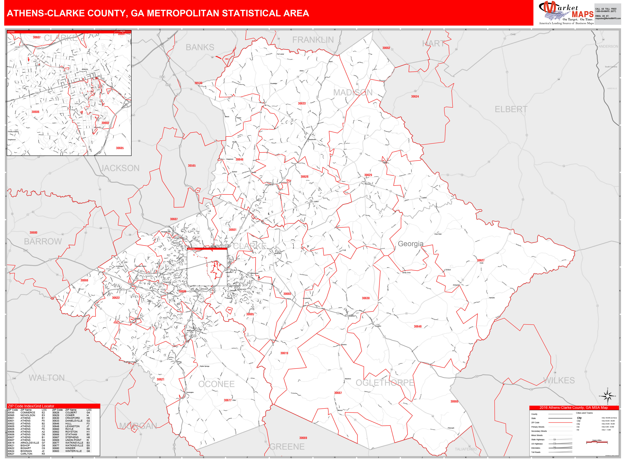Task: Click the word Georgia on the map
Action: point(411,244)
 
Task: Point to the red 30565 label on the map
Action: point(192,166)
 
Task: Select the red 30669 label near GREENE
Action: point(303,438)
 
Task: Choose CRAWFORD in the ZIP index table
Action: point(73,418)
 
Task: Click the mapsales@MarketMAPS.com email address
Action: point(608,18)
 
